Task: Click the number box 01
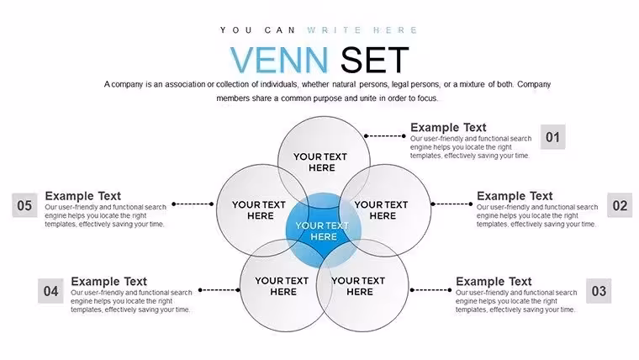click(552, 137)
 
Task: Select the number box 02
click(620, 205)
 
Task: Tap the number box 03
click(599, 291)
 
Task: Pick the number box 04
click(50, 291)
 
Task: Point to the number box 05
click(24, 205)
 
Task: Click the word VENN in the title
click(279, 60)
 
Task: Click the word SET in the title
click(374, 60)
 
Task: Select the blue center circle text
click(322, 231)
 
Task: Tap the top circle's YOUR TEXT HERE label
click(320, 162)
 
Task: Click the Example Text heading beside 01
click(448, 127)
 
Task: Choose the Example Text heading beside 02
click(515, 196)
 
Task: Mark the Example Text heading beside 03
click(494, 281)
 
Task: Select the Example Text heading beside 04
click(108, 281)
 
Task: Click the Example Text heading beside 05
click(82, 196)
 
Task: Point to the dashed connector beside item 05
click(193, 204)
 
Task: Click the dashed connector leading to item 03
click(430, 290)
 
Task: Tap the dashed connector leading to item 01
click(385, 135)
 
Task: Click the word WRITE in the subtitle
click(334, 30)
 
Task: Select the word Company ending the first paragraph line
click(534, 85)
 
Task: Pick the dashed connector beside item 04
click(219, 290)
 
